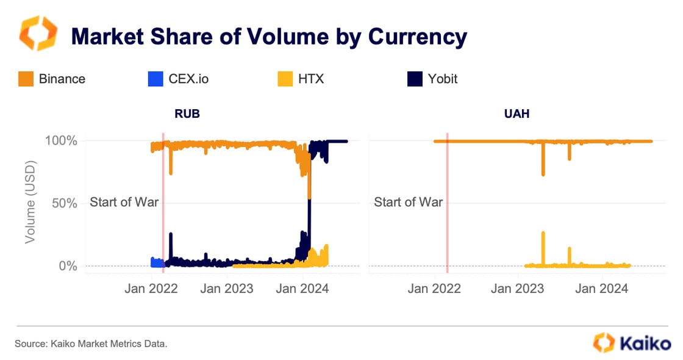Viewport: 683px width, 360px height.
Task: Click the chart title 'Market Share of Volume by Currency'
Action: click(269, 37)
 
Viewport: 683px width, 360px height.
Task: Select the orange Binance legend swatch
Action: click(26, 79)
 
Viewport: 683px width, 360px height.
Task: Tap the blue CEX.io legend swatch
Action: click(156, 79)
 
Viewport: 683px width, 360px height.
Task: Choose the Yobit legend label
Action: click(442, 79)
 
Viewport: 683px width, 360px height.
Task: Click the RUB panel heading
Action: click(187, 113)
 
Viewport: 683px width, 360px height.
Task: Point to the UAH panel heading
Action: click(517, 113)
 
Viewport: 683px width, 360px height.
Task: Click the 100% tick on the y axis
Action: click(62, 141)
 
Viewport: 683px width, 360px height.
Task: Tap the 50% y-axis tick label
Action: click(65, 203)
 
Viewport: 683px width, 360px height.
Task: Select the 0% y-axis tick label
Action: click(68, 266)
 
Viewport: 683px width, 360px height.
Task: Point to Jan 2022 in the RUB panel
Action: click(151, 288)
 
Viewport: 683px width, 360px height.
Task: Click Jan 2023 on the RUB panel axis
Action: click(227, 288)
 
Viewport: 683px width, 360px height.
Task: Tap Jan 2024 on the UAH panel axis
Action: click(602, 288)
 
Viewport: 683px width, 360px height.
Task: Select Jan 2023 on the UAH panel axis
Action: click(518, 288)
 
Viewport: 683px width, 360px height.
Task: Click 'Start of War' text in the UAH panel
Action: click(408, 202)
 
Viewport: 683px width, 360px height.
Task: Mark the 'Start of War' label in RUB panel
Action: click(124, 202)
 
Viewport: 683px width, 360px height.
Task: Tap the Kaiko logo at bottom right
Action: click(632, 343)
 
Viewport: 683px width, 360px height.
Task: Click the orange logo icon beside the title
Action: click(38, 34)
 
